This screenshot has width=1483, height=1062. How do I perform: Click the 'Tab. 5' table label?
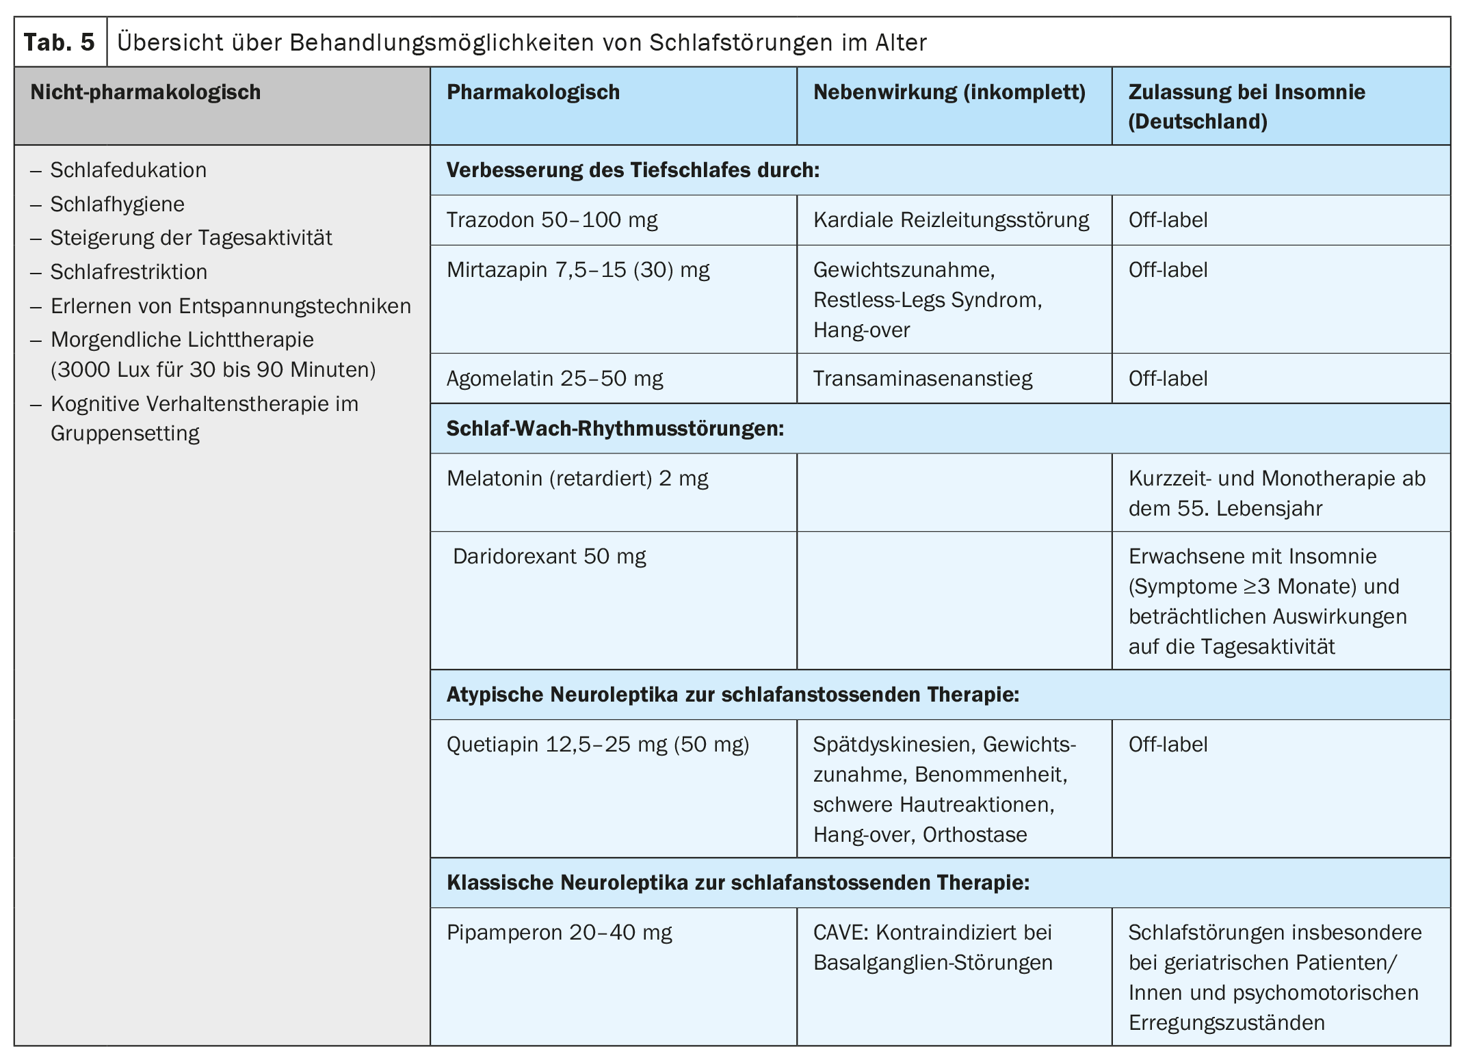pyautogui.click(x=60, y=42)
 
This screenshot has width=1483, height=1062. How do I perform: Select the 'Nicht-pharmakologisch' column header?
pyautogui.click(x=145, y=92)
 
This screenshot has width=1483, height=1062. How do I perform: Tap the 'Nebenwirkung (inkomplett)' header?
pyautogui.click(x=949, y=92)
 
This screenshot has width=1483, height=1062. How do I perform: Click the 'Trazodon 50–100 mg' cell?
pyautogui.click(x=551, y=220)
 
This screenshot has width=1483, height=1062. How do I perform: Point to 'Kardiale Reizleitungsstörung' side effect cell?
pyautogui.click(x=951, y=220)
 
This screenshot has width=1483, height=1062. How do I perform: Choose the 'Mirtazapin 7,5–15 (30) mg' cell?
pyautogui.click(x=577, y=270)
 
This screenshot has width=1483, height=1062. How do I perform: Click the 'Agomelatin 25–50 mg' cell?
pyautogui.click(x=554, y=379)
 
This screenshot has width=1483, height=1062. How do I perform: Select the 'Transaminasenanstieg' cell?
pyautogui.click(x=922, y=379)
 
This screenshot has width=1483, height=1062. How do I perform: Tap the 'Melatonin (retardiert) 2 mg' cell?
pyautogui.click(x=577, y=479)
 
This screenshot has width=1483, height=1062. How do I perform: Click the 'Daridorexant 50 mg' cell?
pyautogui.click(x=549, y=557)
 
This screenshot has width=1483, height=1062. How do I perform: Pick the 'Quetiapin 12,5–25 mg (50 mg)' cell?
pyautogui.click(x=597, y=745)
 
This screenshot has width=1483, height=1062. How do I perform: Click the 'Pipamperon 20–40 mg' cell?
pyautogui.click(x=559, y=933)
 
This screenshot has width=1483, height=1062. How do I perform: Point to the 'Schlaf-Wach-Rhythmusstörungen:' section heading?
pyautogui.click(x=614, y=429)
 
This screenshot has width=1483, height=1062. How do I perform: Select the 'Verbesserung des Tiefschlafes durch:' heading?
pyautogui.click(x=632, y=170)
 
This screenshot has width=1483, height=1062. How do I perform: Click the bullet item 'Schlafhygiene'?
pyautogui.click(x=117, y=204)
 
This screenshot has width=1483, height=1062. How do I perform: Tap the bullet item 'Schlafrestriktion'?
pyautogui.click(x=129, y=272)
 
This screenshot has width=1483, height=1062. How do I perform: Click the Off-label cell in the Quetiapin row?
pyautogui.click(x=1168, y=745)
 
